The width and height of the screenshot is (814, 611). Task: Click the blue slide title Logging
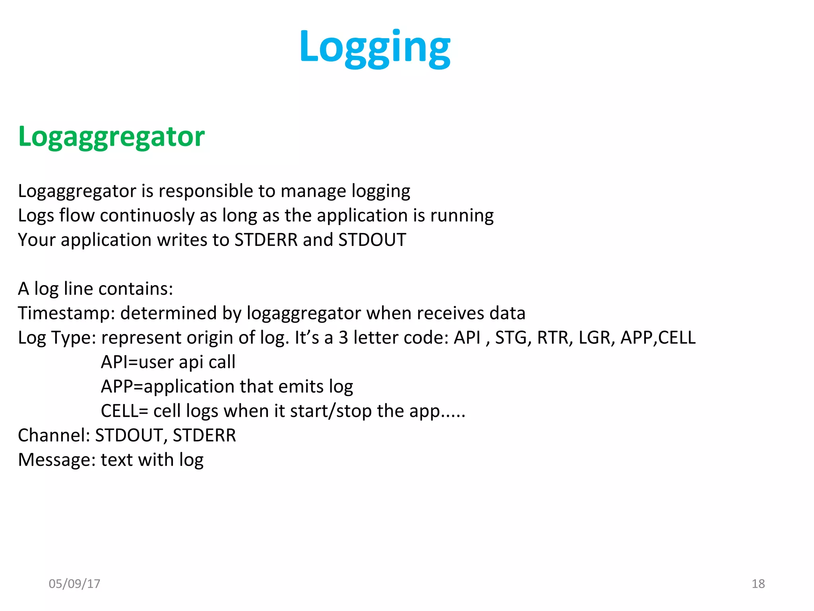(375, 48)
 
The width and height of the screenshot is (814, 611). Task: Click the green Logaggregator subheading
(111, 136)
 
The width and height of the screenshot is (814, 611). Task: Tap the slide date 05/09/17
(74, 584)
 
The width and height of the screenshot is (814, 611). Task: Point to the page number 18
(758, 584)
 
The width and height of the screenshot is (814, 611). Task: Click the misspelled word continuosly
(147, 216)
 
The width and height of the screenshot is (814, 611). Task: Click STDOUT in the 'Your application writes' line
(372, 240)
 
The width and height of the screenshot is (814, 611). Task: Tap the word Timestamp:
(66, 313)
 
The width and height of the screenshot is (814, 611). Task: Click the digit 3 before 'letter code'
(343, 338)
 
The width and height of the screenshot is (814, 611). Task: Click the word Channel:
(54, 435)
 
